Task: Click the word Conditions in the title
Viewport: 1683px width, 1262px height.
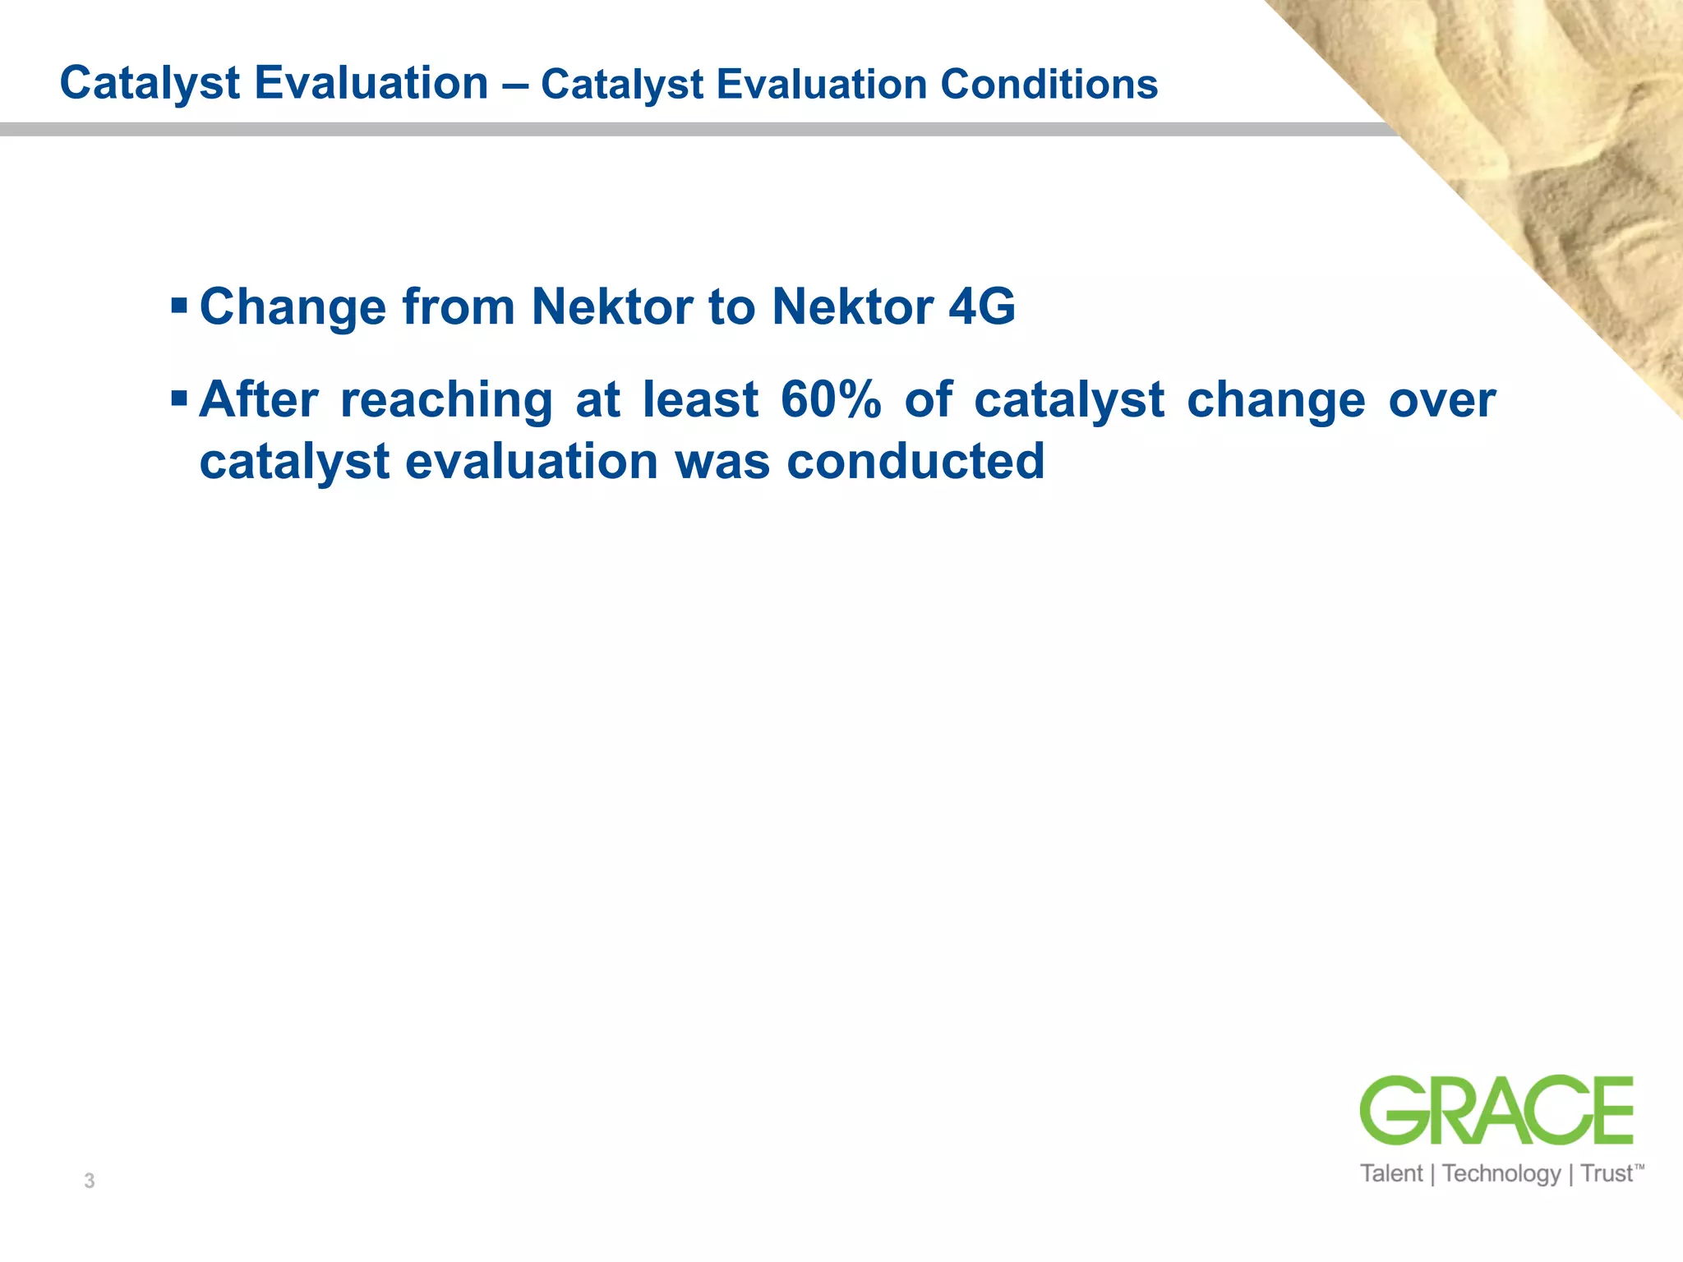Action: [1049, 84]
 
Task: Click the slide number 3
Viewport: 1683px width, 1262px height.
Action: [90, 1181]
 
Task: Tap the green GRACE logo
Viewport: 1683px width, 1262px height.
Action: [1496, 1110]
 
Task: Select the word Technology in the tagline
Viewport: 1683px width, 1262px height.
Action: [1501, 1173]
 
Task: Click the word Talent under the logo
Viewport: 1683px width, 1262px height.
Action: [1390, 1173]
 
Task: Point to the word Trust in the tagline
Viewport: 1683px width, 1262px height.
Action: [1607, 1173]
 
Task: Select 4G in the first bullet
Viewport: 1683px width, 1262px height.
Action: [982, 306]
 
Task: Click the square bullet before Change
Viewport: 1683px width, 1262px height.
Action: [179, 306]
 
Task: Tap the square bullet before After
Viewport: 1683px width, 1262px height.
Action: [179, 399]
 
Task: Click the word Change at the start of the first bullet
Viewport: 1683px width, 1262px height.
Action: [293, 306]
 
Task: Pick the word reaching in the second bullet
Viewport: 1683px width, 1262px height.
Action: [446, 401]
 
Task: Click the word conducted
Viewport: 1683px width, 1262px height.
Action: [915, 461]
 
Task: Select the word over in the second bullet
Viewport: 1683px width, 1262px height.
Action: [1442, 400]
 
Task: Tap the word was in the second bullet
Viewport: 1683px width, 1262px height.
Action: [722, 462]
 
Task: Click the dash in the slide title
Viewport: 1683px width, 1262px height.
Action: [514, 85]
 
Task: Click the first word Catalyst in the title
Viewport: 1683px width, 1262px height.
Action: [150, 84]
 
